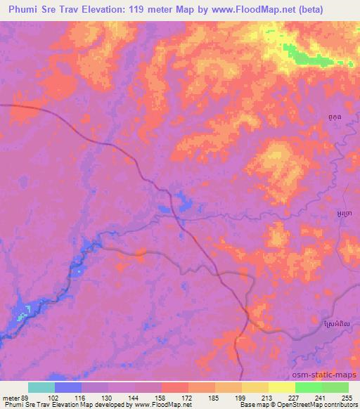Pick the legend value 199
pos(241,397)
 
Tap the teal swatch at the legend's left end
pos(41,387)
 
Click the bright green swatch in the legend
pos(308,387)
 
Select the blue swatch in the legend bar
pos(68,387)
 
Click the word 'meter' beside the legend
pos(10,397)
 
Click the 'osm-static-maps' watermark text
pos(330,375)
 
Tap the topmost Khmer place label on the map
pos(337,117)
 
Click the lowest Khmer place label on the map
pos(337,323)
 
